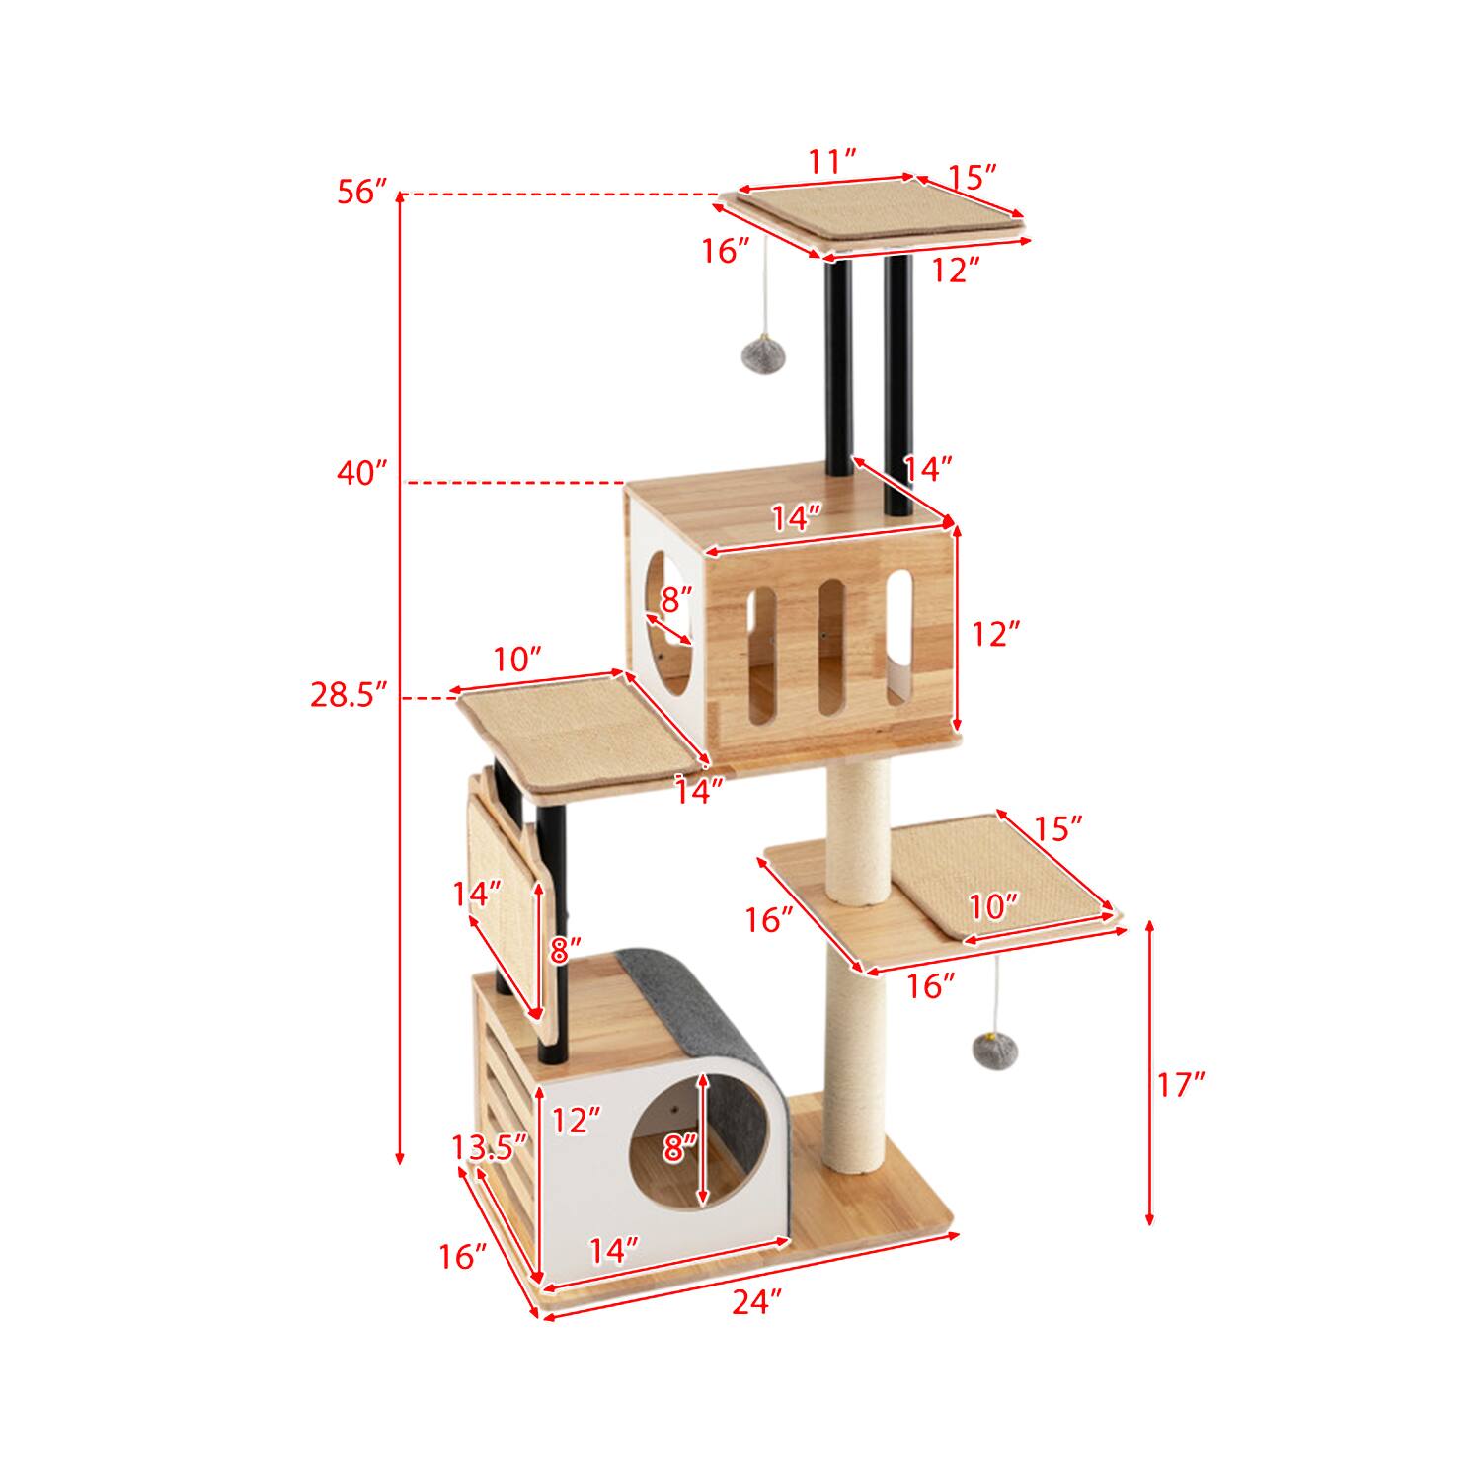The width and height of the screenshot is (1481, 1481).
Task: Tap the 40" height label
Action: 361,474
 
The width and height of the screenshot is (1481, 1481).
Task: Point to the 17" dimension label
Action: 1181,1085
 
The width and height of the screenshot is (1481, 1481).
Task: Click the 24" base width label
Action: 756,1303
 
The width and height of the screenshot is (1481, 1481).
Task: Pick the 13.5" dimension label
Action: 489,1147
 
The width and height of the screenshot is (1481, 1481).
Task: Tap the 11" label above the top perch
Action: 831,160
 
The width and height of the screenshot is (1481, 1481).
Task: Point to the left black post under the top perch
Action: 838,375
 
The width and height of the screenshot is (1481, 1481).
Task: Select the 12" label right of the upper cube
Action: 993,634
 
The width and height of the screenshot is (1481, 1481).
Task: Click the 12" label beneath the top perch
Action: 954,270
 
